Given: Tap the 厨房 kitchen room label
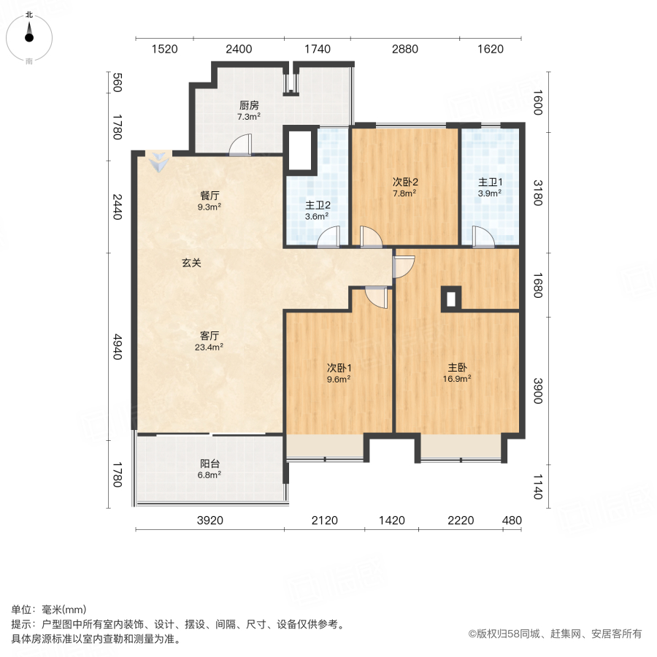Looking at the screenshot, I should (x=249, y=105).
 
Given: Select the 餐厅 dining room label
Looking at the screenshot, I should (x=210, y=196).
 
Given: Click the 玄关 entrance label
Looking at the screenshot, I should (x=191, y=263).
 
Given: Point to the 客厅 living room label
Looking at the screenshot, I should (x=210, y=336).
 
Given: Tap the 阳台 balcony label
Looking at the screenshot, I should (x=210, y=463).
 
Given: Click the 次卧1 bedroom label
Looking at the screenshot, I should (x=338, y=367).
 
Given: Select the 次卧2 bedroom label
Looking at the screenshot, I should (x=404, y=182).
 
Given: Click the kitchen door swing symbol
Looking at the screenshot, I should (x=239, y=145).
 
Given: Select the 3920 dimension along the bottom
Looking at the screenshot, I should (x=209, y=520).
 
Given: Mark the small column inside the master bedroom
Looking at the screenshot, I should (x=451, y=299).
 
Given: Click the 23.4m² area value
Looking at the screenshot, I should (x=210, y=347).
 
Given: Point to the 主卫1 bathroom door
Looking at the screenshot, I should (x=482, y=237).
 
